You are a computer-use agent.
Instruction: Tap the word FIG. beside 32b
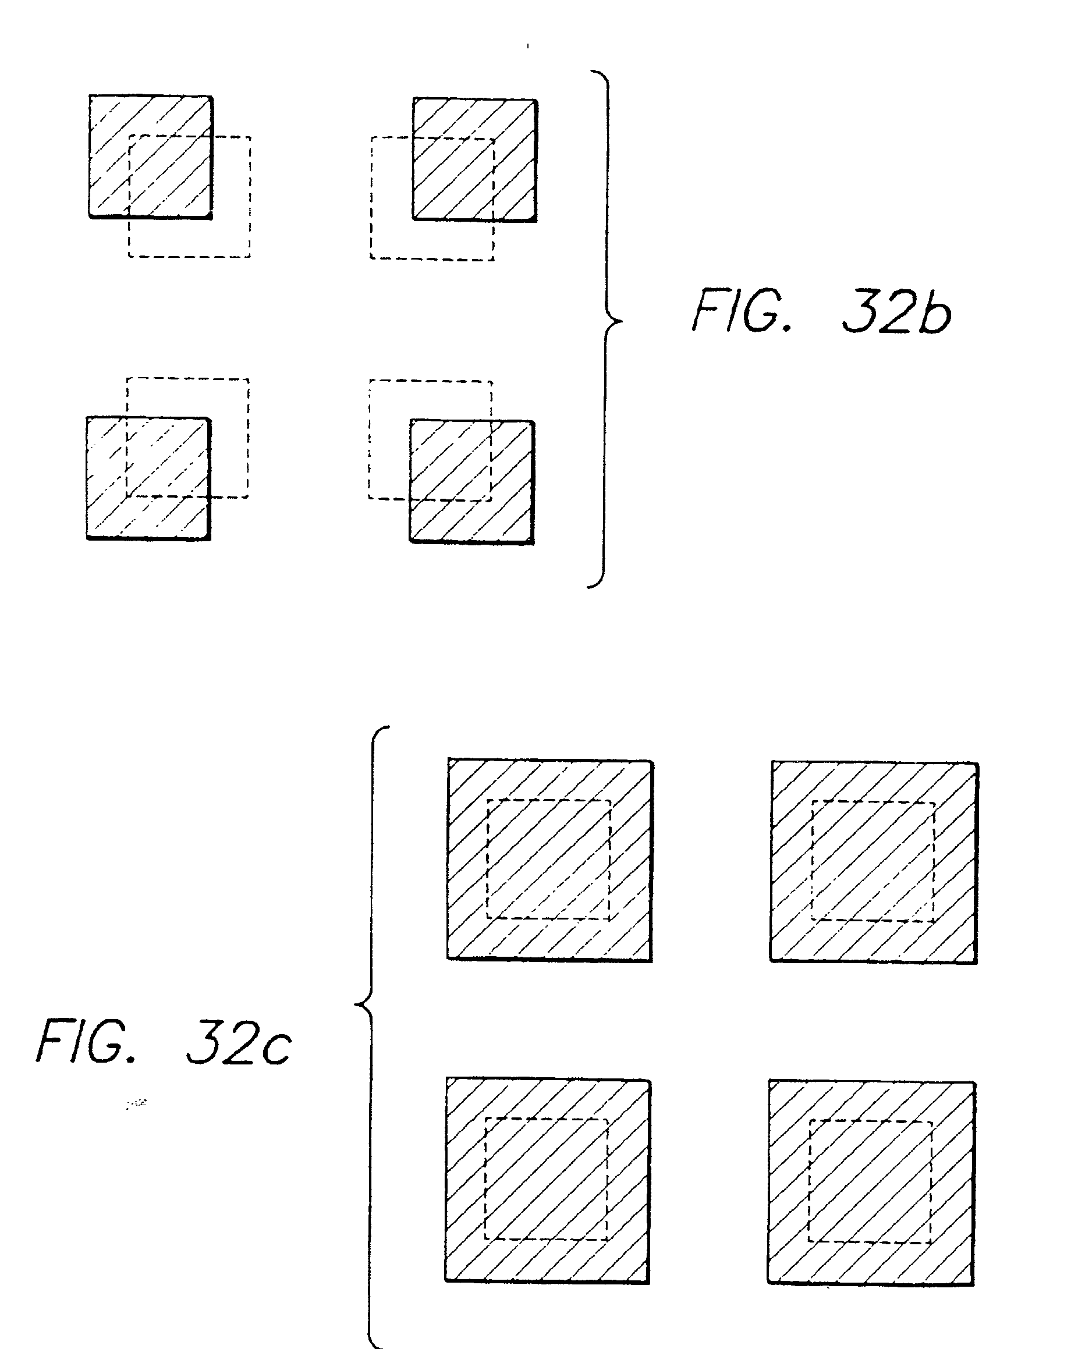[742, 311]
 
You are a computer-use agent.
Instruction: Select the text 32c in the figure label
[239, 1042]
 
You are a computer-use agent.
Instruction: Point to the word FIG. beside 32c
[86, 1041]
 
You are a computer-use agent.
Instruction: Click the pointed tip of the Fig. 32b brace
[622, 322]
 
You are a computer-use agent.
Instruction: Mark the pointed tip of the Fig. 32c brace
[356, 1005]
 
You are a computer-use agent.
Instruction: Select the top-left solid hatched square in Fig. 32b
[151, 157]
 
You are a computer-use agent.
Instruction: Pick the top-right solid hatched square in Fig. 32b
[474, 159]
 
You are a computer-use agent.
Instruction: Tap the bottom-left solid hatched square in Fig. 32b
[148, 478]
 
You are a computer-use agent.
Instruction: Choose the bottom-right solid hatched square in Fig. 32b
[472, 482]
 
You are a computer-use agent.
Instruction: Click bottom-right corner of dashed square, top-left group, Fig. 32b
[250, 256]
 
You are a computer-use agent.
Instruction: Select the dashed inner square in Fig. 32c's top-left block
[548, 859]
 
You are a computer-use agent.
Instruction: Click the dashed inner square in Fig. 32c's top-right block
[873, 861]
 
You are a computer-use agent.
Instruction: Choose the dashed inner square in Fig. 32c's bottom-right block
[870, 1181]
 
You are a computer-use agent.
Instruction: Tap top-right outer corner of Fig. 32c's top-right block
[977, 764]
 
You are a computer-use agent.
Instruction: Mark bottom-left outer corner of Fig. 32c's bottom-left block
[446, 1280]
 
